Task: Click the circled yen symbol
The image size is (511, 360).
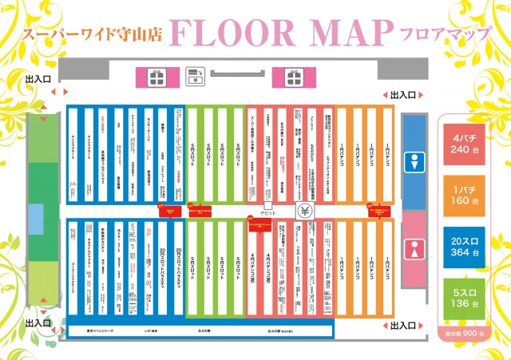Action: [x=304, y=212]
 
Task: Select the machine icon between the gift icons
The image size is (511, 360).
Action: [x=193, y=77]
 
